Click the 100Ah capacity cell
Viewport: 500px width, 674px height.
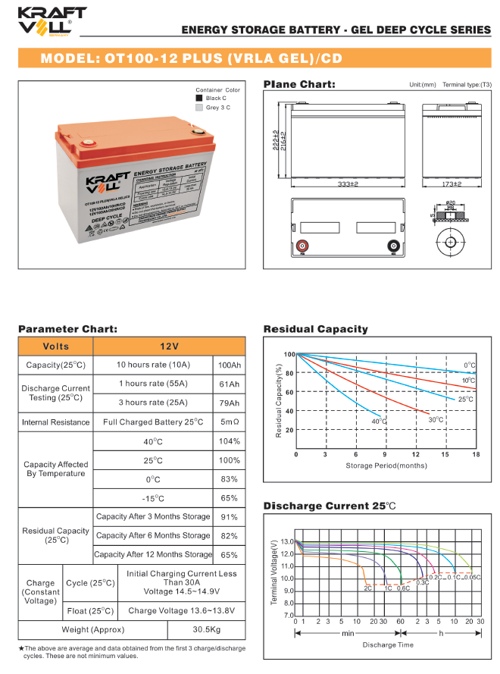click(229, 365)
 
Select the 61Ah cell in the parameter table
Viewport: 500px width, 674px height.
click(229, 384)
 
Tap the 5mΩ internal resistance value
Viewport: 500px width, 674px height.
click(229, 422)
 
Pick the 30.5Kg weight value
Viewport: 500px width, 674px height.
click(206, 630)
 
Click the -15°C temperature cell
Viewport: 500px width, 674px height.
click(153, 498)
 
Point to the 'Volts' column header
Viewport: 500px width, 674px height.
click(56, 346)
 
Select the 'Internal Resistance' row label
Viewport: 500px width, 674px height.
click(56, 422)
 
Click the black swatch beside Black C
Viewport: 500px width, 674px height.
click(199, 99)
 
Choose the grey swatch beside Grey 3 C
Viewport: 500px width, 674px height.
click(199, 108)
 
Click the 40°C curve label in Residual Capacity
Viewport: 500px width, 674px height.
click(378, 422)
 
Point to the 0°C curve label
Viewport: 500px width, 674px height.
click(470, 365)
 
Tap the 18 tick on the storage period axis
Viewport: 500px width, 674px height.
click(475, 454)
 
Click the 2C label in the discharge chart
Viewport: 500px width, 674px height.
click(367, 588)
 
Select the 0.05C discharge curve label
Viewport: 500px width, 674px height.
click(473, 578)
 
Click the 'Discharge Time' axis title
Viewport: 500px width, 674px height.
click(388, 644)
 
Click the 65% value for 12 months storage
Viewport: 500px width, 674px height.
click(229, 555)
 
